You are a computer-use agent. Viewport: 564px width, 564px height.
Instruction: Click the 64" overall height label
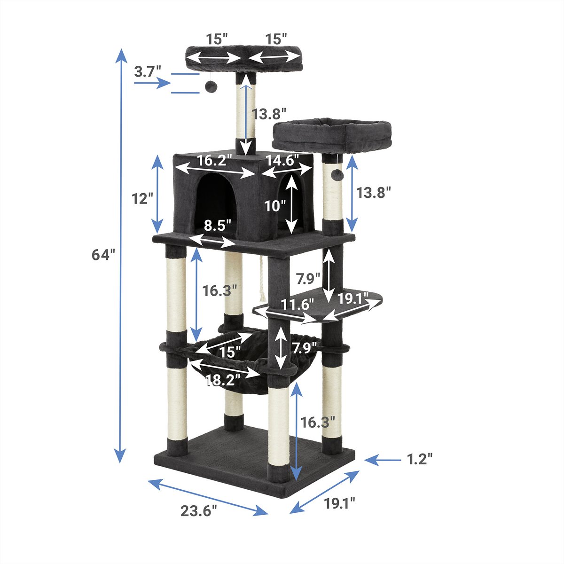pos(103,254)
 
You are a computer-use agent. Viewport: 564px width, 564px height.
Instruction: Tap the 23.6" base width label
pos(199,511)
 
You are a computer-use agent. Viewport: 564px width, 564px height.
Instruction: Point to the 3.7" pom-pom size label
pos(148,71)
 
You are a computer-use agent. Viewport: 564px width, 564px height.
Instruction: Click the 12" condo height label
pos(142,199)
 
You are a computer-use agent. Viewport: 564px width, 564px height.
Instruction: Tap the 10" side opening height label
pos(275,206)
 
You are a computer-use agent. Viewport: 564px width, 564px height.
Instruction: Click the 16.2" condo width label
pos(214,160)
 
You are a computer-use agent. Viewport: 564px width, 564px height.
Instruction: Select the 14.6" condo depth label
pos(282,160)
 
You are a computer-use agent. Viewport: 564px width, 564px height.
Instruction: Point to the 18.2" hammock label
pos(223,380)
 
